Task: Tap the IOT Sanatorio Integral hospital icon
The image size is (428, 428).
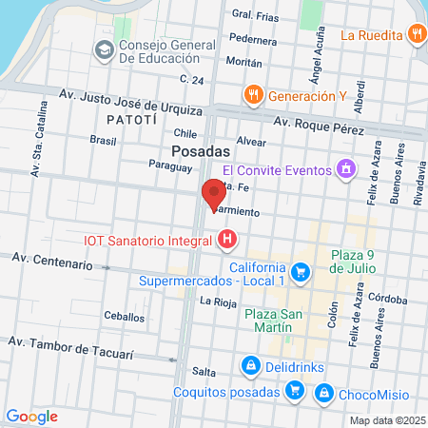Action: tap(226, 242)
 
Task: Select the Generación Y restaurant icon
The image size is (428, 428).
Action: tap(252, 95)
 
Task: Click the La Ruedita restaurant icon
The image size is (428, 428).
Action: tap(417, 35)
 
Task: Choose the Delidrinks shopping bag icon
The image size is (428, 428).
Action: tap(249, 364)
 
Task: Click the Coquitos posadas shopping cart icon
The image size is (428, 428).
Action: tap(296, 391)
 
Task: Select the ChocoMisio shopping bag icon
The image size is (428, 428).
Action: tap(324, 391)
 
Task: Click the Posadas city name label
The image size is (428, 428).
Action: tap(202, 152)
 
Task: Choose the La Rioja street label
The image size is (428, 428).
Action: tap(218, 302)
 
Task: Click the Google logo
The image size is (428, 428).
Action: tap(32, 416)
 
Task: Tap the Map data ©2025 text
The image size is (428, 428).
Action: tap(385, 420)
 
